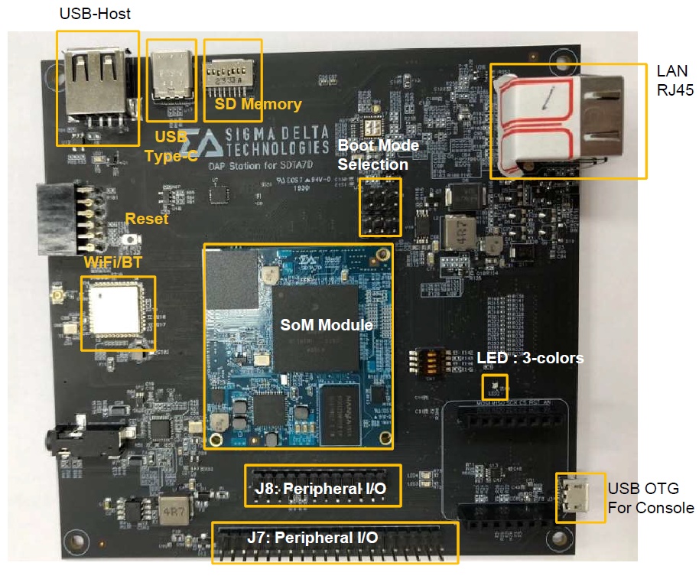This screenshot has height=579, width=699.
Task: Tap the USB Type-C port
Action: (171, 76)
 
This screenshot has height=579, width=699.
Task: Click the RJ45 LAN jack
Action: (566, 119)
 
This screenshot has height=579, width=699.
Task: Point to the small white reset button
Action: (134, 241)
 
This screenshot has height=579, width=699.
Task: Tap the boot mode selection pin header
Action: (380, 207)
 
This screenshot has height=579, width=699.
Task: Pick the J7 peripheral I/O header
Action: (333, 543)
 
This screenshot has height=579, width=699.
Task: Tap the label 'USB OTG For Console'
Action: (650, 498)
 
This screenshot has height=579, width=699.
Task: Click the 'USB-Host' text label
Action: (95, 13)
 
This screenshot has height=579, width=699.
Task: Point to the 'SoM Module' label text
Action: (327, 324)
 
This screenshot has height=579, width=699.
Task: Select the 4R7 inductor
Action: (167, 509)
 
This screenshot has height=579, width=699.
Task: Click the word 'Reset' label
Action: (147, 220)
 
